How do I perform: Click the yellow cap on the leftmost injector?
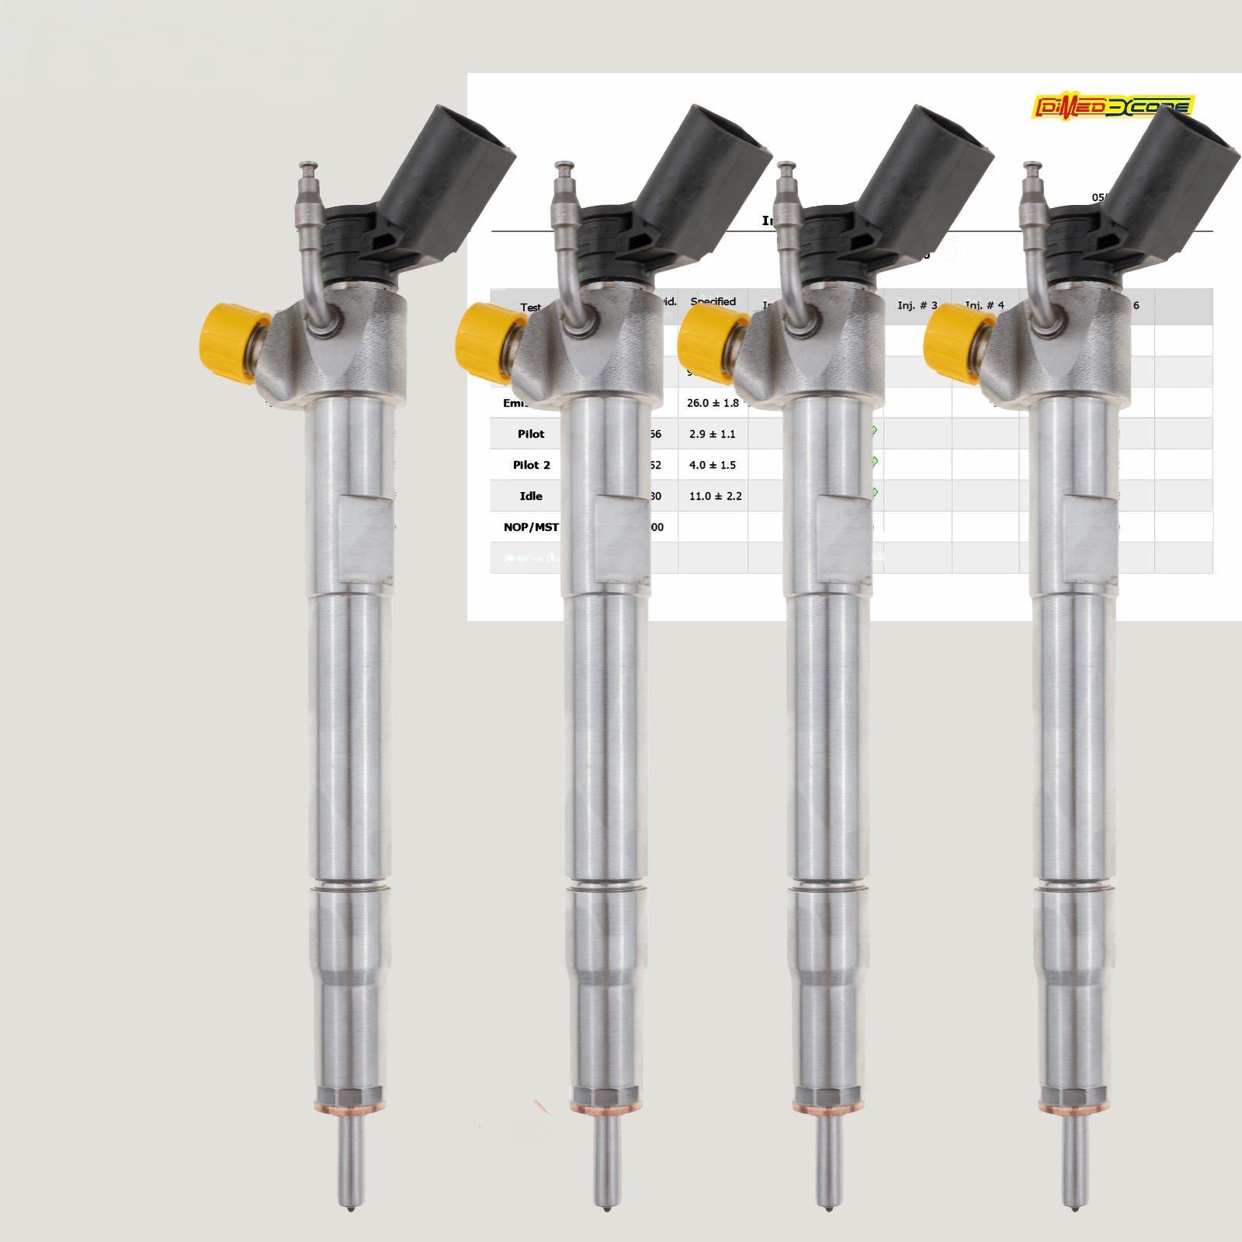tap(225, 343)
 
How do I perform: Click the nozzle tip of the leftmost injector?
tap(351, 1199)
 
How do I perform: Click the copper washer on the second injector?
tap(606, 1105)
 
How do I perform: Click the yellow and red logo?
tap(1113, 106)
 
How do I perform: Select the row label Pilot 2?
tap(531, 465)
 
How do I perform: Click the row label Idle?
tap(531, 496)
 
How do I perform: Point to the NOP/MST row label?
tap(531, 527)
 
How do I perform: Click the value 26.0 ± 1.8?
tap(713, 403)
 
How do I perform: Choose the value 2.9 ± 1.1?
tap(712, 434)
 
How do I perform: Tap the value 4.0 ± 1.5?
tap(712, 465)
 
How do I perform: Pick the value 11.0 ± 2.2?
tap(715, 496)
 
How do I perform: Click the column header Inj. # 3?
tap(917, 305)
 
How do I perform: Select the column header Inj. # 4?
tap(984, 305)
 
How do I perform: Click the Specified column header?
tap(713, 301)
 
